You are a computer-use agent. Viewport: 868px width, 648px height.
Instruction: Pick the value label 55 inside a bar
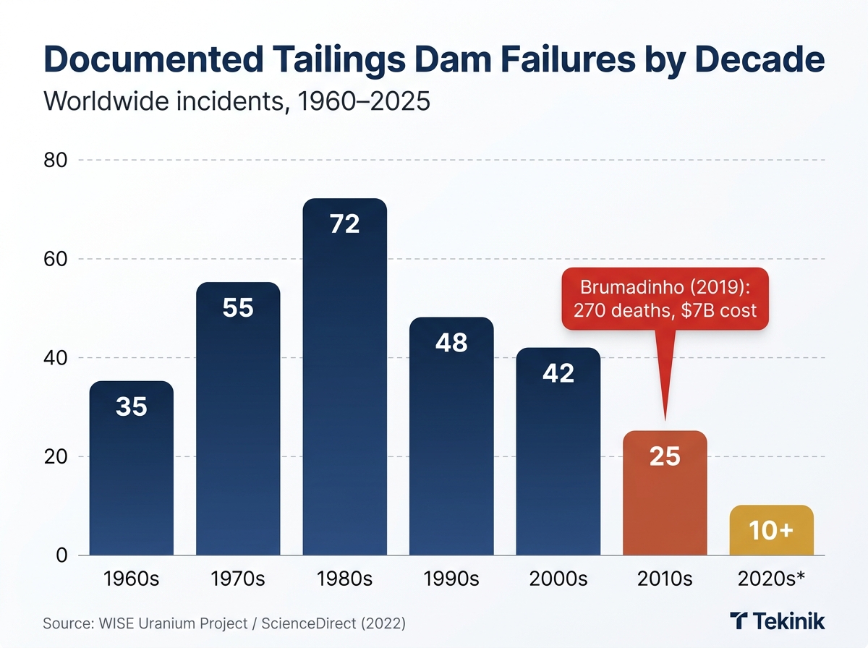[237, 309]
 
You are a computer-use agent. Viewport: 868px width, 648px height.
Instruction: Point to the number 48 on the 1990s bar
[451, 343]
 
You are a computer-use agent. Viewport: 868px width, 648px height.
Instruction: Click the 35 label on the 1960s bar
[131, 407]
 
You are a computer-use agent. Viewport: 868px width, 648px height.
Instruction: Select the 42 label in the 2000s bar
[558, 373]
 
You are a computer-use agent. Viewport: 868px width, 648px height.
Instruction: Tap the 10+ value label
[771, 530]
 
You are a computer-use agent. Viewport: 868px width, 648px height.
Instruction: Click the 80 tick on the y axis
[55, 160]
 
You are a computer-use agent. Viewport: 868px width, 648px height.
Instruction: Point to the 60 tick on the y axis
[55, 259]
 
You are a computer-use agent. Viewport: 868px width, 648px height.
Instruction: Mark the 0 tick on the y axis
[61, 555]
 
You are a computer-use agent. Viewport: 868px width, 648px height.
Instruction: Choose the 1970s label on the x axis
[237, 579]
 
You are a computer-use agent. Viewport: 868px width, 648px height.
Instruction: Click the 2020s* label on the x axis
[771, 579]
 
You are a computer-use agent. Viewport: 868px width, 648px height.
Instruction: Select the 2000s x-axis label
[558, 579]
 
